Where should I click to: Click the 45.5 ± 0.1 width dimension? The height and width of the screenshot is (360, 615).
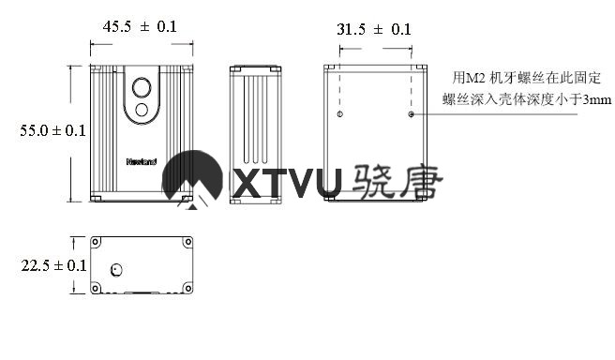point(140,26)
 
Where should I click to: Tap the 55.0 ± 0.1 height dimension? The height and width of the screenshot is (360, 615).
point(52,130)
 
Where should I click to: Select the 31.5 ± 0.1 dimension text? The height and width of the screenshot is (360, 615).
point(374,29)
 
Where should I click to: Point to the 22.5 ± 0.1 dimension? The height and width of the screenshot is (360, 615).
point(53,265)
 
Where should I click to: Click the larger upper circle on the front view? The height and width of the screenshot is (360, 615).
point(142,87)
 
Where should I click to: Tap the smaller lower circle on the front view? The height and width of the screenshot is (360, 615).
point(142,110)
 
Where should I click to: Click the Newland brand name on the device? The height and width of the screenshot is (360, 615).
point(142,161)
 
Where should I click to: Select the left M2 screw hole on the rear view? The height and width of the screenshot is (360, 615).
point(340,114)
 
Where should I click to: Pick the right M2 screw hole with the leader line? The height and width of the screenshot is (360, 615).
point(411,114)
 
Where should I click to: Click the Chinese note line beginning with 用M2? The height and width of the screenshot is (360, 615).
point(526,78)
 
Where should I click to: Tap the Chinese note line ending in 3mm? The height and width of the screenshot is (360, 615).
point(527,99)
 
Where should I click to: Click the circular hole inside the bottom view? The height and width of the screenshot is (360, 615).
point(116,270)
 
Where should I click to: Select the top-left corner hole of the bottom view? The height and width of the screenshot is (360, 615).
point(96,242)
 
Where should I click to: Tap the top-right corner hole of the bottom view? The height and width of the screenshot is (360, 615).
point(188,242)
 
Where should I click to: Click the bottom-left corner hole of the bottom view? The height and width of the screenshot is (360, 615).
point(96,289)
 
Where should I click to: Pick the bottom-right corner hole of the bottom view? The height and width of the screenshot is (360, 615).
point(188,289)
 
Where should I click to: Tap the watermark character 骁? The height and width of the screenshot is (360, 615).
point(372,181)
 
